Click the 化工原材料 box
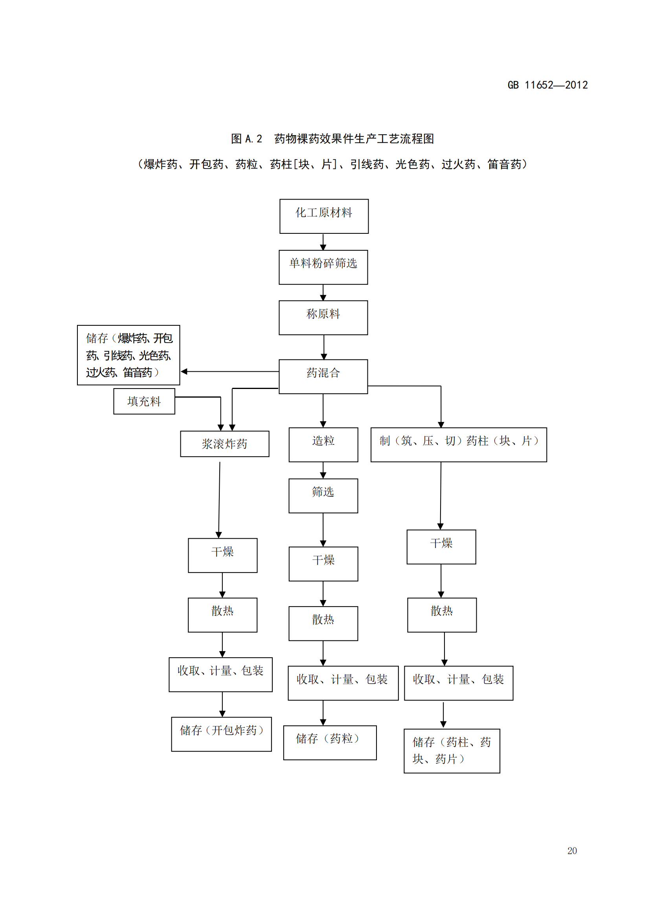click(324, 216)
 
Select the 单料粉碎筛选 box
click(323, 267)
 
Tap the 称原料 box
click(323, 317)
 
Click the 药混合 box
click(323, 376)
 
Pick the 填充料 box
click(144, 401)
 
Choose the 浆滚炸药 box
click(224, 444)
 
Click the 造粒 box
click(323, 444)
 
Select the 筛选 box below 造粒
click(323, 495)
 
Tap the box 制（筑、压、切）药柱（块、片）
click(458, 444)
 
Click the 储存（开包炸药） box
click(221, 734)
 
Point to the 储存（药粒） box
click(330, 743)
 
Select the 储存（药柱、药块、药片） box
click(452, 750)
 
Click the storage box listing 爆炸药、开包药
click(129, 355)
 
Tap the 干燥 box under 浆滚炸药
click(222, 555)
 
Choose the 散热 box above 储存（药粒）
click(323, 623)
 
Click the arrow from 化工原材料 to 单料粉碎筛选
click(323, 242)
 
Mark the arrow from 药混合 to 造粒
click(323, 411)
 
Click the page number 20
click(571, 851)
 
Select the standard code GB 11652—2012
click(547, 85)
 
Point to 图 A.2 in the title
click(246, 139)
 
